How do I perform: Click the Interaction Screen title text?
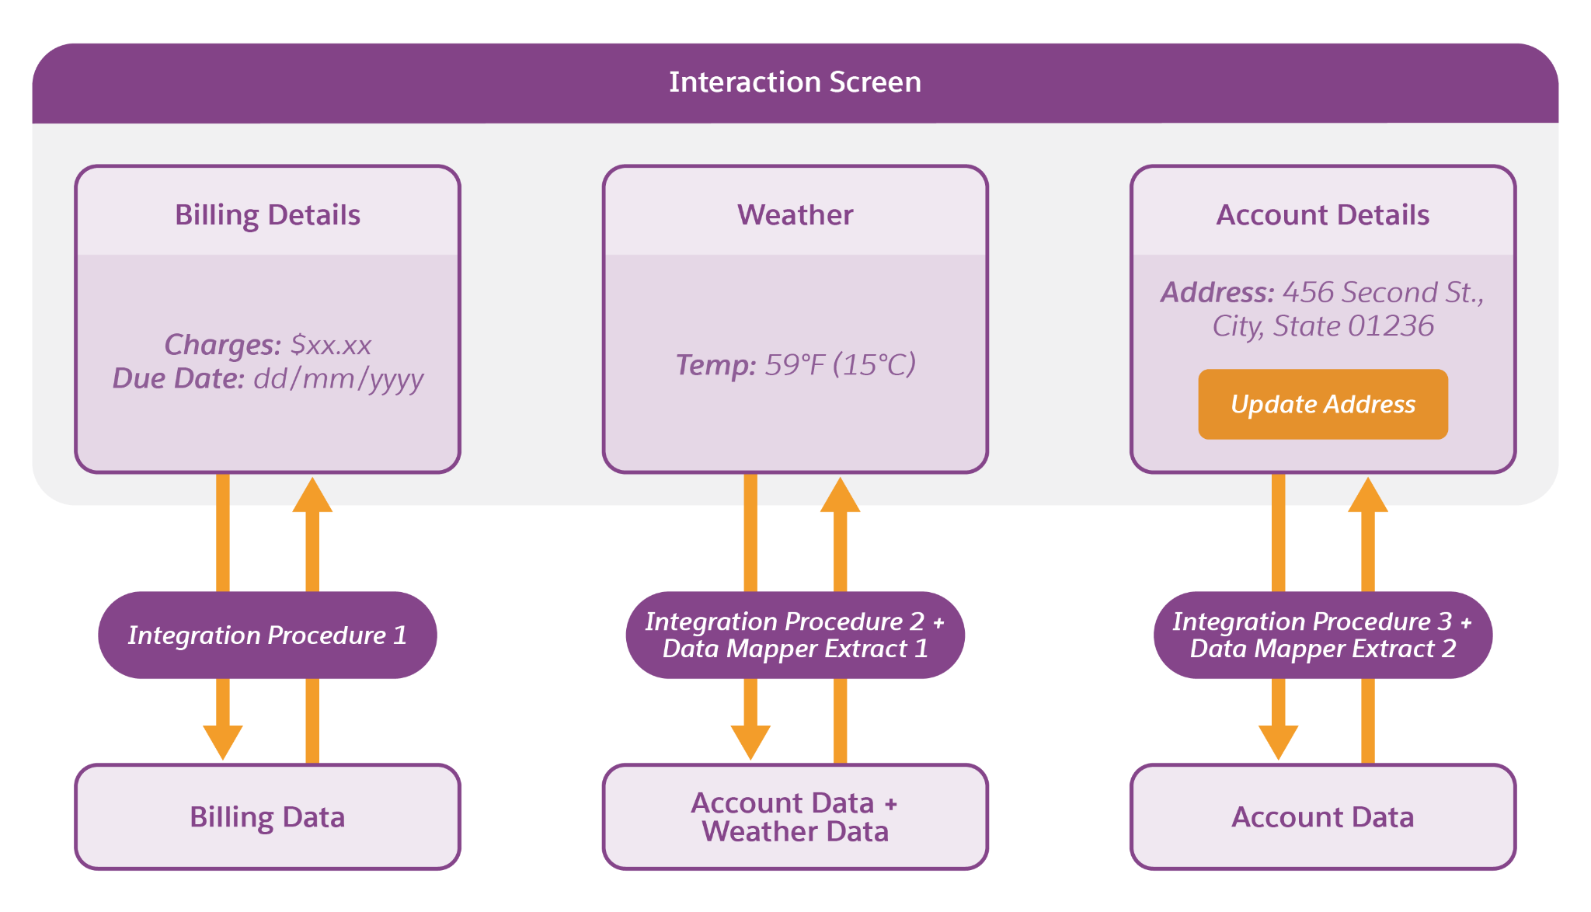[795, 82]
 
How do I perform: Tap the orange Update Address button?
[1323, 404]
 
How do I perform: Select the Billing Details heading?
[267, 215]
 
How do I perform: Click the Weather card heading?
[795, 215]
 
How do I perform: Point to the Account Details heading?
[1323, 215]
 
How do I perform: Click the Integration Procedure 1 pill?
[267, 635]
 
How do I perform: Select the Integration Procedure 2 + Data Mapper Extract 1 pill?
[795, 635]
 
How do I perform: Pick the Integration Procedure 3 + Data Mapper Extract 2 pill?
[1323, 635]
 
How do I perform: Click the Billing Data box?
[267, 817]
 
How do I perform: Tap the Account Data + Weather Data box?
[795, 817]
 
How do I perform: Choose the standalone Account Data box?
[1323, 817]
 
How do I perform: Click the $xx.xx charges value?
[331, 344]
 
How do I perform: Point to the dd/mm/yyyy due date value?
[339, 380]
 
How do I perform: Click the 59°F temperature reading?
[795, 364]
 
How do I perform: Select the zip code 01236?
[1391, 326]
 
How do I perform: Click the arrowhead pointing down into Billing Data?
[223, 743]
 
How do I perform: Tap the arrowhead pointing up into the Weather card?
[840, 494]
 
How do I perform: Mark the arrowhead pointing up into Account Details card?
[1368, 494]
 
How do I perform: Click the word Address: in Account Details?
[1217, 293]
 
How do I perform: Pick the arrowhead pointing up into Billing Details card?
[312, 494]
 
